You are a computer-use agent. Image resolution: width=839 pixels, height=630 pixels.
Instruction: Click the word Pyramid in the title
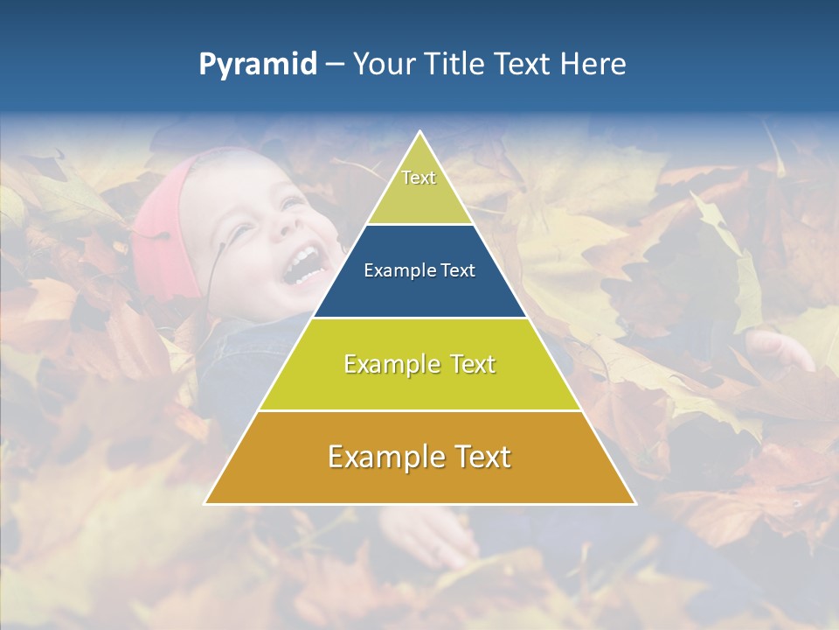point(258,65)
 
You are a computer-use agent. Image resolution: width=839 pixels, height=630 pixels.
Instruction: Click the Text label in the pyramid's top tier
point(419,178)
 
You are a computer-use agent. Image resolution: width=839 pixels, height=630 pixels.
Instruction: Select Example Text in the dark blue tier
point(419,270)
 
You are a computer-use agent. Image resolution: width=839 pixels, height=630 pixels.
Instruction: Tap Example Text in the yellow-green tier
point(419,364)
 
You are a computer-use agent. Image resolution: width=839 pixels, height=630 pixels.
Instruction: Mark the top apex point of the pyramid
point(419,132)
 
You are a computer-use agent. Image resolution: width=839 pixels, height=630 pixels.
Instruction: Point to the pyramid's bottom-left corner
point(205,503)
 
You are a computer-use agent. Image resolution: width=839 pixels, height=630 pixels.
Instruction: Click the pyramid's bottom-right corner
point(634,503)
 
